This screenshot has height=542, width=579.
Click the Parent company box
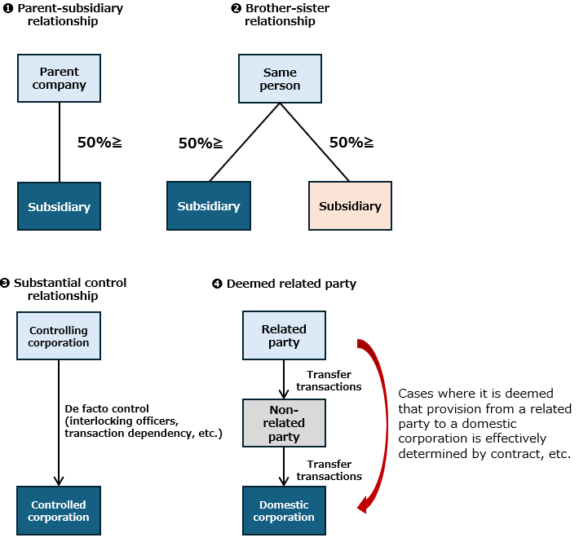pyautogui.click(x=59, y=78)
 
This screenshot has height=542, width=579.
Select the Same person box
pyautogui.click(x=280, y=78)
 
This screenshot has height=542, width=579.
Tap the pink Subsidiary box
pyautogui.click(x=350, y=206)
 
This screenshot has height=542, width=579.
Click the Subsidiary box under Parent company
pyautogui.click(x=59, y=206)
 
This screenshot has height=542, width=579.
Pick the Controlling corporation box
pyautogui.click(x=59, y=336)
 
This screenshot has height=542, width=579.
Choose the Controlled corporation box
pyautogui.click(x=59, y=511)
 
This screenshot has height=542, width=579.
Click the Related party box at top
pyautogui.click(x=284, y=335)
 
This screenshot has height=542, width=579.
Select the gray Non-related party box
pyautogui.click(x=284, y=423)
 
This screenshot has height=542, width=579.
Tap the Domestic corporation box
pyautogui.click(x=284, y=511)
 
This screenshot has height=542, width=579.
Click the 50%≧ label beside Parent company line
pyautogui.click(x=99, y=143)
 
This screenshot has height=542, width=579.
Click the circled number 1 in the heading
pyautogui.click(x=8, y=8)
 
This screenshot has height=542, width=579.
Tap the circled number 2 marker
pyautogui.click(x=236, y=8)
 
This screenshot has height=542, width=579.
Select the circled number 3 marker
pyautogui.click(x=5, y=283)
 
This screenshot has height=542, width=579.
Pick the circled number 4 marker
pyautogui.click(x=217, y=284)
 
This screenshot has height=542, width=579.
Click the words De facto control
pyautogui.click(x=107, y=409)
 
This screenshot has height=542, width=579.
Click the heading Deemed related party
pyautogui.click(x=291, y=284)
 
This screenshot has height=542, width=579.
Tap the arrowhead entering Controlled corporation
pyautogui.click(x=59, y=481)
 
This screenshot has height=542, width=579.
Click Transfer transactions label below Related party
pyautogui.click(x=329, y=381)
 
